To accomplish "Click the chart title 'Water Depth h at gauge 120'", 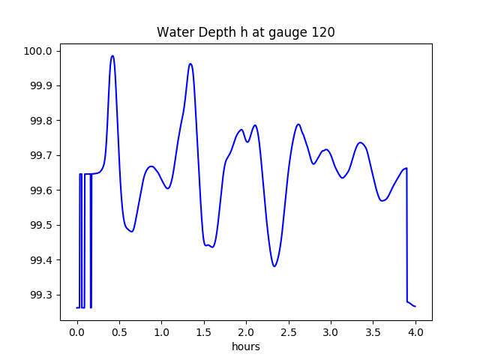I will click(245, 32).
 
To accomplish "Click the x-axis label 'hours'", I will click(245, 346).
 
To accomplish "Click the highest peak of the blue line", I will click(112, 55).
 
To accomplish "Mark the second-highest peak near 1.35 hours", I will click(190, 64).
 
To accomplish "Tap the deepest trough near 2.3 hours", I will click(274, 266).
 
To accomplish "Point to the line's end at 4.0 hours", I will click(415, 306).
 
